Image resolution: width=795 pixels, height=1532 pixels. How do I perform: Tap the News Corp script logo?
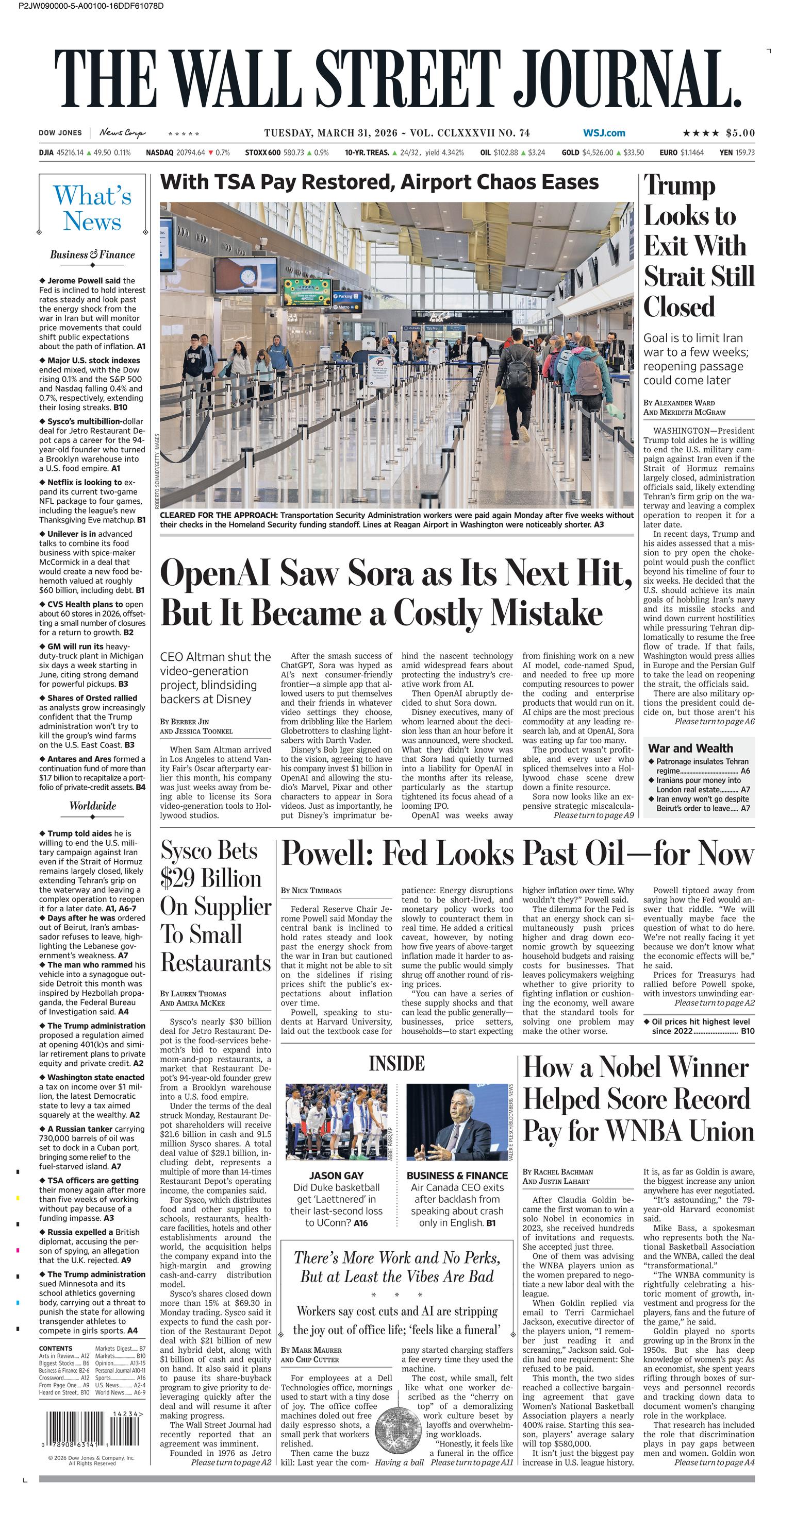click(x=122, y=132)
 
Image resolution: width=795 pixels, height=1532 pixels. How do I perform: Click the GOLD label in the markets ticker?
click(x=570, y=153)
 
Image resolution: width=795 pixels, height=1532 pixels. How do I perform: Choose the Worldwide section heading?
click(x=92, y=806)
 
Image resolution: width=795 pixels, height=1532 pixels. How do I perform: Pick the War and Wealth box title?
click(x=690, y=748)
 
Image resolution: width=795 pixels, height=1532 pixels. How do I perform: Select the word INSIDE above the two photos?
click(x=396, y=1063)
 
